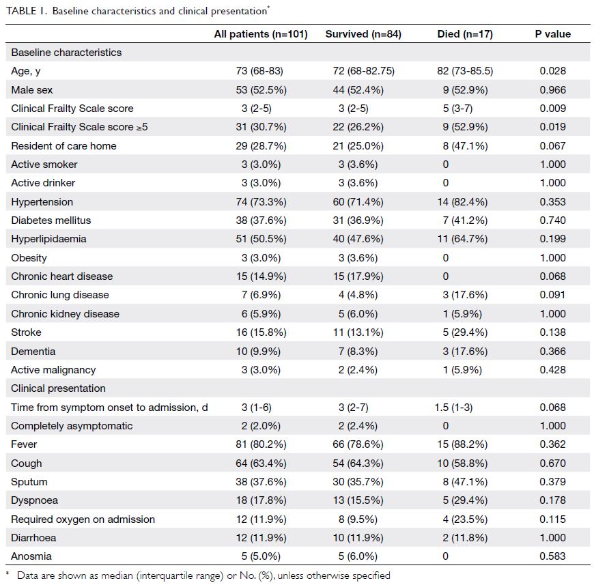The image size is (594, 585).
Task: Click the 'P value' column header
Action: [553, 34]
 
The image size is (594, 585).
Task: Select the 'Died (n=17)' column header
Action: [465, 34]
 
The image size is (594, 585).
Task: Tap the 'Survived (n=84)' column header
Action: [363, 34]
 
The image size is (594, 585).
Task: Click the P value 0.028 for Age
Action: [553, 71]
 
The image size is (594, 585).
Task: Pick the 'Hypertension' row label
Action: [42, 202]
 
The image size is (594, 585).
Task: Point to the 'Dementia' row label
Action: [33, 352]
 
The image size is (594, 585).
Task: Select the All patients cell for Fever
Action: [261, 444]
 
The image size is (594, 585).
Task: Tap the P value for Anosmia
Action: [553, 556]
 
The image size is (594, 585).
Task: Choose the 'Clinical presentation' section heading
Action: [58, 388]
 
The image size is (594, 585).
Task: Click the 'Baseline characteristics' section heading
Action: [66, 53]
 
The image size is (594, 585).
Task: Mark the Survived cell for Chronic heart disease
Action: [358, 276]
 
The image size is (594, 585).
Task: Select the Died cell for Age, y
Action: [465, 71]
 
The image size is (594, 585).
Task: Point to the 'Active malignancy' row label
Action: [53, 370]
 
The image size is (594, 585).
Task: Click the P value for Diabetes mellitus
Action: [553, 220]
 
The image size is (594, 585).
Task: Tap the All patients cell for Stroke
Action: [261, 332]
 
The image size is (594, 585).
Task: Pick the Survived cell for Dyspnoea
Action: [358, 500]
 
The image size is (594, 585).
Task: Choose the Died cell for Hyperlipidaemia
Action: [462, 239]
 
